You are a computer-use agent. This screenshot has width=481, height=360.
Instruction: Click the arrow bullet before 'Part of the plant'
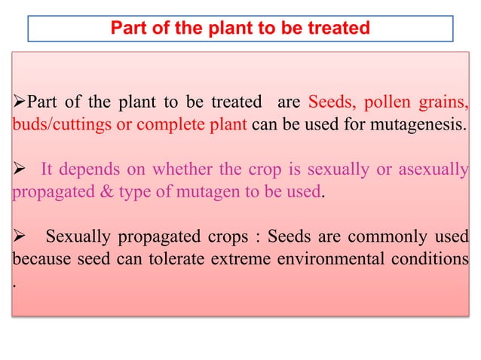click(x=19, y=102)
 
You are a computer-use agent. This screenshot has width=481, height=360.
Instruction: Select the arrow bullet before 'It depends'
click(x=19, y=169)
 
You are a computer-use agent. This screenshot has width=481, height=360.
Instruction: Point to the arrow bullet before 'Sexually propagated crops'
click(x=19, y=238)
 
